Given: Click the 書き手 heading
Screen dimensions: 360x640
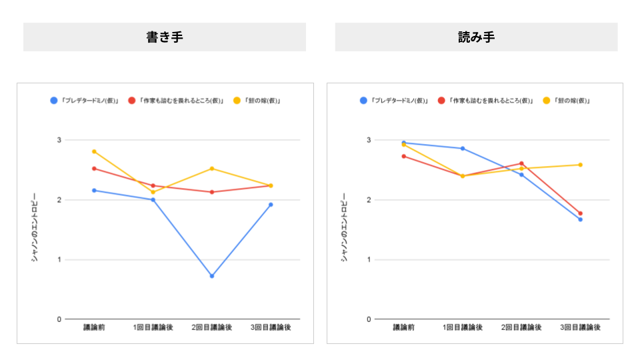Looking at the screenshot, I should pos(165,37).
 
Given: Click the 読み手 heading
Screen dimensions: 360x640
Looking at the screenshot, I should pos(476,37).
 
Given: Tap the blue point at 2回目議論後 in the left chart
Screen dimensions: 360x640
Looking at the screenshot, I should pos(212,276).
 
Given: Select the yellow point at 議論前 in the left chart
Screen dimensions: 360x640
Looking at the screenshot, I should pos(94,151).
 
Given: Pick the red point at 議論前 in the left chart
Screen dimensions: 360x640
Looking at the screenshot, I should pos(94,169).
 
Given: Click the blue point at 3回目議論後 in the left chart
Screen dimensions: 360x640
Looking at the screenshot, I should pos(271,205).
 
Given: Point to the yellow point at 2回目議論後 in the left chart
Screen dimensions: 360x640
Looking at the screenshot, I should pos(212,169).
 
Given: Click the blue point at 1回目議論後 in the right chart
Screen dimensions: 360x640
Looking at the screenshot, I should pos(463,149).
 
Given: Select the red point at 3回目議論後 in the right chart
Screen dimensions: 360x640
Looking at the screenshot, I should pos(580,213).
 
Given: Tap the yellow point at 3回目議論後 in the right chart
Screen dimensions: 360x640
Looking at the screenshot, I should pos(580,165).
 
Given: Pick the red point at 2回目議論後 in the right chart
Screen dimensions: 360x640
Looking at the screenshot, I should pos(521,163).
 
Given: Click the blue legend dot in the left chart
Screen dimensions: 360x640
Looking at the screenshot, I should pos(54,101).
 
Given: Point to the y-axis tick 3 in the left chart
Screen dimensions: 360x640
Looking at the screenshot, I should pos(59,140).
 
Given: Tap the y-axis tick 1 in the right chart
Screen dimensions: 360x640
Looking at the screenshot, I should pos(368,259).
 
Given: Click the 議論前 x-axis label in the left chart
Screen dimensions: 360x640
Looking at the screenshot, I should pos(94,328).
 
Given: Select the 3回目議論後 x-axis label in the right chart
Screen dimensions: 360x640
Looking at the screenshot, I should pos(580,328).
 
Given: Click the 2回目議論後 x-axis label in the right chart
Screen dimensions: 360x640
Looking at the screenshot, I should pos(521,328).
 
